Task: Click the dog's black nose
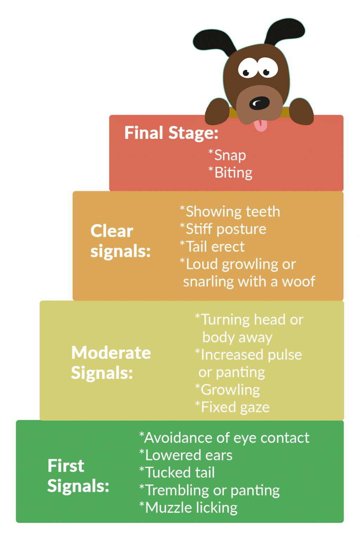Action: [x=259, y=103]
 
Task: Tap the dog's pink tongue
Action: [x=261, y=125]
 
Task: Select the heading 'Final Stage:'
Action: [x=171, y=133]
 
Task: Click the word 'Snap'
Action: [x=230, y=155]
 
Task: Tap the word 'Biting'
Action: [x=233, y=173]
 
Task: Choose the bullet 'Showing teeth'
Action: [x=232, y=212]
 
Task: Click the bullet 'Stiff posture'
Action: [x=226, y=229]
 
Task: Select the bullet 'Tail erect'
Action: [x=215, y=247]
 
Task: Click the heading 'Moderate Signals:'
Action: [x=111, y=362]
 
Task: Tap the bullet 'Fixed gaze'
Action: [x=235, y=407]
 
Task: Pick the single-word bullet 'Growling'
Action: [x=230, y=390]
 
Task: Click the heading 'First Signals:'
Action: [x=78, y=476]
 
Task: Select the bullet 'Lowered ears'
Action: [x=188, y=455]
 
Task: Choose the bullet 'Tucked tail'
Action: [x=180, y=472]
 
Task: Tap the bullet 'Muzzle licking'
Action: [x=191, y=508]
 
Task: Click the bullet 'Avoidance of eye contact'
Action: [x=226, y=438]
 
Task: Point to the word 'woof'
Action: [x=298, y=282]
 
